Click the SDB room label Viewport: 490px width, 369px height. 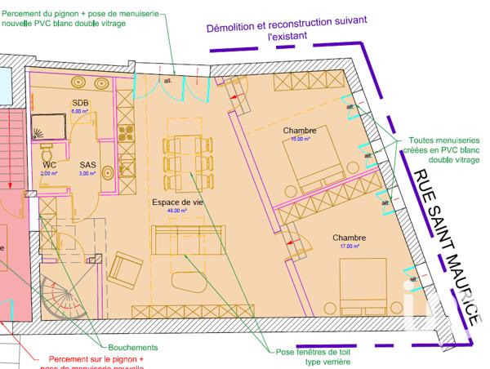79,102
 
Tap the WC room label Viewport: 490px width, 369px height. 49,164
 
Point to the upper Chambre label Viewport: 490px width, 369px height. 300,131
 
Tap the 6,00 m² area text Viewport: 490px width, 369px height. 79,110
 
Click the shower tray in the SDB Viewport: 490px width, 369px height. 51,126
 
